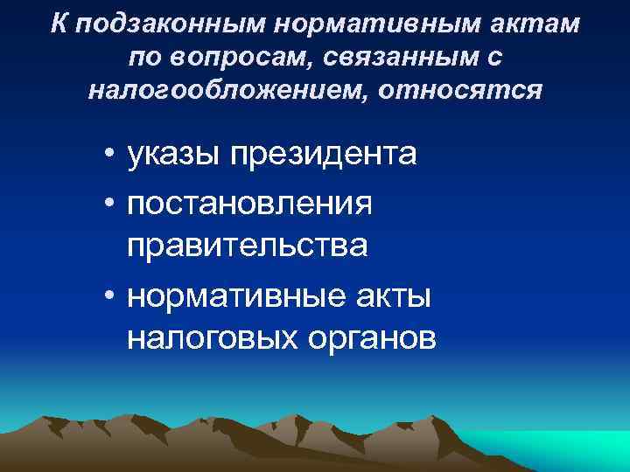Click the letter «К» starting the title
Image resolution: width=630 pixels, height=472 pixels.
(59, 24)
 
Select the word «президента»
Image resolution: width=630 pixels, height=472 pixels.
(325, 155)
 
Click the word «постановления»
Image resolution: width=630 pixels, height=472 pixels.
(250, 202)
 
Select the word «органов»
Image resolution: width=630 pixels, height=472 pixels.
(377, 337)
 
